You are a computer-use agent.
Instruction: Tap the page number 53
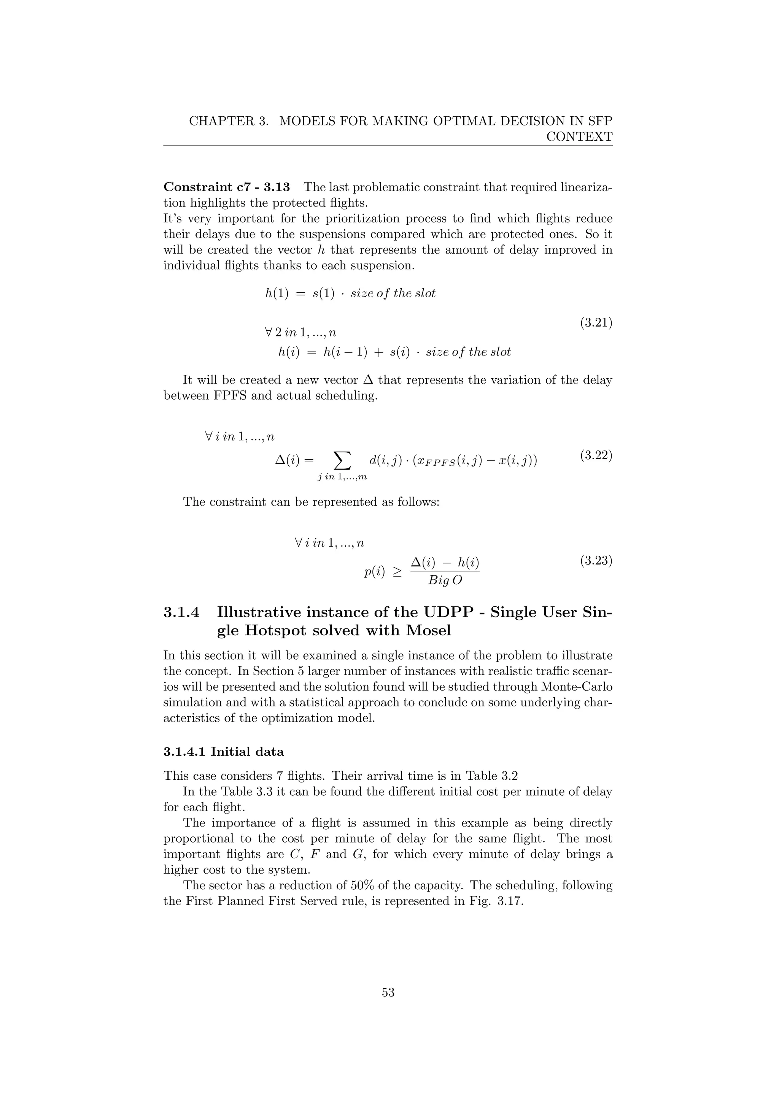click(388, 992)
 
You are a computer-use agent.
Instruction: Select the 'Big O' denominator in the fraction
click(445, 580)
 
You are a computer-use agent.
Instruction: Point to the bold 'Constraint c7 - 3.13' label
click(226, 187)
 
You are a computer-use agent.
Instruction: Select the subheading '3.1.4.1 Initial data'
click(224, 751)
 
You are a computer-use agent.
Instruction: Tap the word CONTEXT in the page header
click(579, 136)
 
